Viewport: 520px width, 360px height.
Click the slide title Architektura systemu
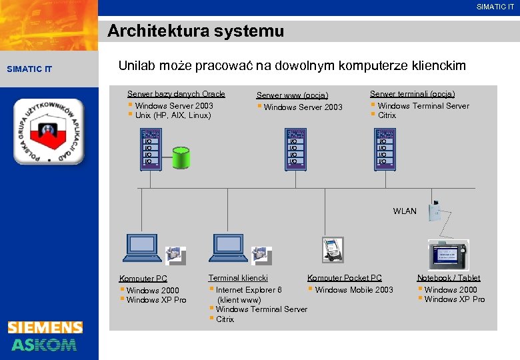195,31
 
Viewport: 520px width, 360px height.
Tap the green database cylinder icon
181,157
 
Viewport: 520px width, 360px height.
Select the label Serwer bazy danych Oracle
176,94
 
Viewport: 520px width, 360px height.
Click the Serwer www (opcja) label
292,95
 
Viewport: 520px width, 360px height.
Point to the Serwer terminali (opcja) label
412,94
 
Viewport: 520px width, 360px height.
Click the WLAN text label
405,211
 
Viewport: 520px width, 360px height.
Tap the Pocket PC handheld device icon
332,250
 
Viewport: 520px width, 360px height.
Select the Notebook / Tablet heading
448,278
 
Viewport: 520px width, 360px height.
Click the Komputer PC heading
143,279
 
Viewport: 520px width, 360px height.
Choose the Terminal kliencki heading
238,278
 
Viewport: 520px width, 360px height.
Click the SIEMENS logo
45,327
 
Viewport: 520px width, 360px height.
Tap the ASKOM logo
44,344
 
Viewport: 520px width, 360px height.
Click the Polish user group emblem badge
49,131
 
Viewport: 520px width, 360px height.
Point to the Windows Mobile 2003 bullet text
353,290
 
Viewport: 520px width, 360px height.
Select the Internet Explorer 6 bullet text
248,290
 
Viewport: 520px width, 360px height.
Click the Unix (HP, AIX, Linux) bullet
173,115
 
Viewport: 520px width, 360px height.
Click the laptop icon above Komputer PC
143,248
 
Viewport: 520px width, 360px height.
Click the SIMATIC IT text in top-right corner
495,7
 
